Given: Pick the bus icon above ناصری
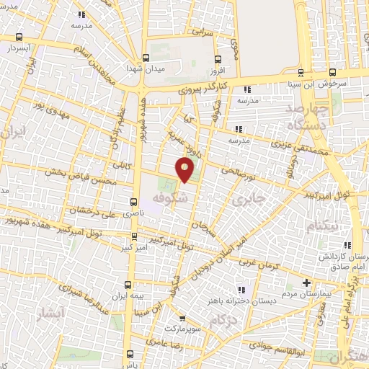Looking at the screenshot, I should click(x=133, y=202).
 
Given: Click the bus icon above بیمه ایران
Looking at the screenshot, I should click(x=128, y=285).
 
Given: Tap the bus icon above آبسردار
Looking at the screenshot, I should click(x=19, y=38).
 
